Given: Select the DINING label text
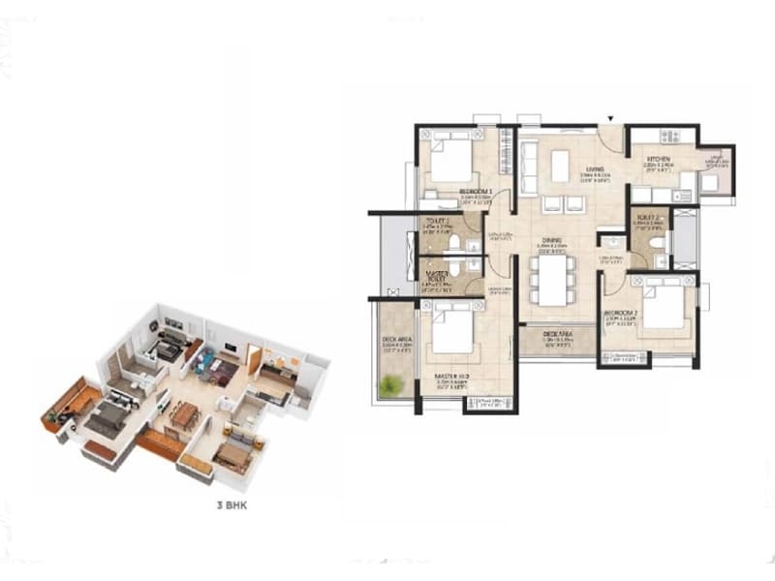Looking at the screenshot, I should [552, 240].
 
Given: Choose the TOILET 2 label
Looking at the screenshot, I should [647, 217].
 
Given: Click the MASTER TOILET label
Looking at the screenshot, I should [437, 275].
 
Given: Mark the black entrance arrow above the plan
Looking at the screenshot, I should [610, 119].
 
